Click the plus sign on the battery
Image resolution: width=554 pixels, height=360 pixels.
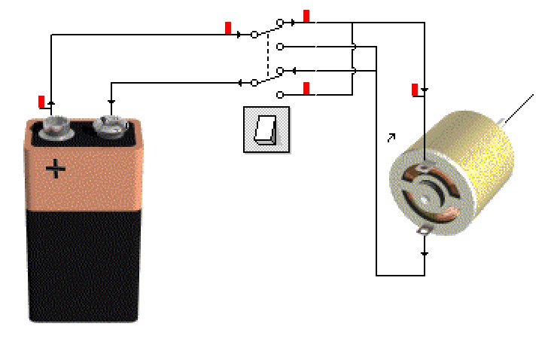coord(55,168)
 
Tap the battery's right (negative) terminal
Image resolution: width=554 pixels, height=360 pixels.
coord(110,127)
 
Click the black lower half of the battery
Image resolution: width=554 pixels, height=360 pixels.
coord(83,264)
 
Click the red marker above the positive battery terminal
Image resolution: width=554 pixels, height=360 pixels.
coord(42,102)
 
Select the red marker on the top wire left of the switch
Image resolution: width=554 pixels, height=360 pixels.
coord(228,29)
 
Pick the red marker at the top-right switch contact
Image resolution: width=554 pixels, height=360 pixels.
coord(306,16)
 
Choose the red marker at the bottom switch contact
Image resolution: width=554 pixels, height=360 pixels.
coord(306,88)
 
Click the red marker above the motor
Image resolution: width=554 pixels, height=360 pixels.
coord(415,90)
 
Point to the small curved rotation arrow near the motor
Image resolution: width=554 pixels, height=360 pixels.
coord(391,138)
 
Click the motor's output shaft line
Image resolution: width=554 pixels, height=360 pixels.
coord(519,108)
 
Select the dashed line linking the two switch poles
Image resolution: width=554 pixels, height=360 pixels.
coord(268,56)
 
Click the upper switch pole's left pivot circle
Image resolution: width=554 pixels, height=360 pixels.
coord(254,34)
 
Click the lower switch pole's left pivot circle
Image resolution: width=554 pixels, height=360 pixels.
coord(254,82)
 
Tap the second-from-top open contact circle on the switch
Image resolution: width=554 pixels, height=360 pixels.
coord(280,47)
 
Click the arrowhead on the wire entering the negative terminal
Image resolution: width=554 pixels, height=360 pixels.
coord(111,102)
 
